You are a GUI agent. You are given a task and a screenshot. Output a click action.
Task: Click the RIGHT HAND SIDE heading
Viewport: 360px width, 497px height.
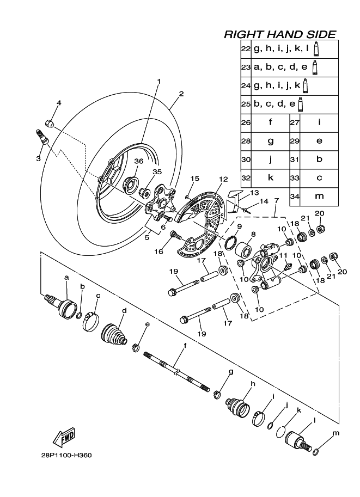click(280, 34)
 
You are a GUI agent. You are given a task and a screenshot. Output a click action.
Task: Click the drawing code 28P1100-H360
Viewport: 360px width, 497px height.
click(65, 455)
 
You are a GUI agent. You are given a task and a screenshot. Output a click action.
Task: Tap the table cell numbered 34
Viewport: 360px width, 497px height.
click(295, 195)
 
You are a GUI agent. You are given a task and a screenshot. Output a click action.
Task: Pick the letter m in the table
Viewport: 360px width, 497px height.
click(319, 195)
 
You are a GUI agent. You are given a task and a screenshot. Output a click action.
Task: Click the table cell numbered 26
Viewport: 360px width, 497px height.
click(245, 122)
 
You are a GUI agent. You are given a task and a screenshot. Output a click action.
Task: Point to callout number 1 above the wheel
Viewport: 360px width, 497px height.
click(159, 81)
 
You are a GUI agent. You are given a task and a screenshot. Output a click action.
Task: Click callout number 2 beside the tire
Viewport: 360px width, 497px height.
click(180, 93)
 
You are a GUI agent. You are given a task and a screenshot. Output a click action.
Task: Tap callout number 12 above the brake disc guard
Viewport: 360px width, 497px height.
click(223, 179)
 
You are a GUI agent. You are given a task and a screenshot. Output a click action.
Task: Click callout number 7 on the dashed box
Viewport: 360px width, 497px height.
click(276, 201)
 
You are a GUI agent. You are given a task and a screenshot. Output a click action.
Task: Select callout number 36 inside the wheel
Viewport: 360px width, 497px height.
click(138, 161)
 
